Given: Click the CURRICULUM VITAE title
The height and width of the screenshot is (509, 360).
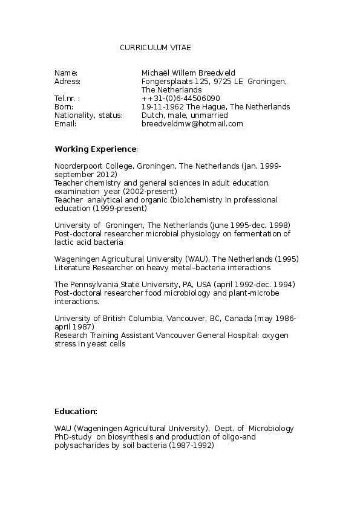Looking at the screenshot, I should point(155,47).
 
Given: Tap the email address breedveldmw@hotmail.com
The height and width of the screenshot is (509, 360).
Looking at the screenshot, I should point(192,124).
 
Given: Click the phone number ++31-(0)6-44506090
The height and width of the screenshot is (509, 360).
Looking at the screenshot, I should point(180,98).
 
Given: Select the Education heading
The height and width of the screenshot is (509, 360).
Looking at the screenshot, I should point(76,411).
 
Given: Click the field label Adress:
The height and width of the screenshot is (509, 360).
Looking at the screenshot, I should point(67,81).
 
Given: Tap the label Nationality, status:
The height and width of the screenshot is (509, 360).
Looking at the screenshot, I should point(88,115).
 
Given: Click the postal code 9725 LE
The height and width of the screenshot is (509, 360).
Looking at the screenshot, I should point(227,81).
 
